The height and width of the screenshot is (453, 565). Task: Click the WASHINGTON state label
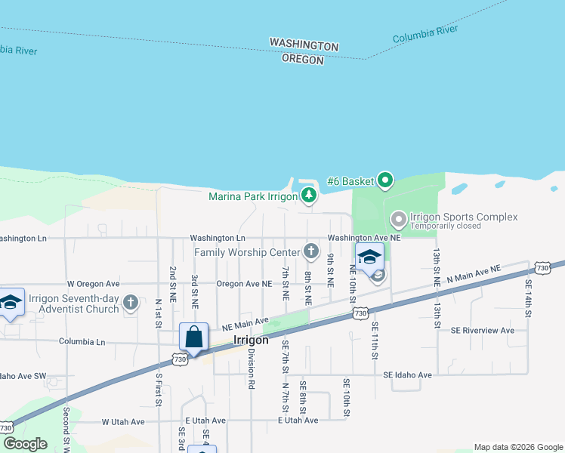pyautogui.click(x=304, y=45)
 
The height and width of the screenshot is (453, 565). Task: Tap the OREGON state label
pyautogui.click(x=303, y=59)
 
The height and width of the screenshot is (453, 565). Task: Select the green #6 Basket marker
pyautogui.click(x=385, y=180)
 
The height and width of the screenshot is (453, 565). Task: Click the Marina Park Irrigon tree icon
pyautogui.click(x=308, y=196)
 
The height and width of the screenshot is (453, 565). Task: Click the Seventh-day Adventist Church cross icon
pyautogui.click(x=131, y=304)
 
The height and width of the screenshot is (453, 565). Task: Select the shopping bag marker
pyautogui.click(x=194, y=337)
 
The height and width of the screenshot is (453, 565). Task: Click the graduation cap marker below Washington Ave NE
pyautogui.click(x=369, y=257)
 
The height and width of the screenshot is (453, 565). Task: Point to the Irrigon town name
pyautogui.click(x=252, y=340)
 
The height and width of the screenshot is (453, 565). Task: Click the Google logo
pyautogui.click(x=25, y=444)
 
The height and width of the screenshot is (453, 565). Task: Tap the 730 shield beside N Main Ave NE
pyautogui.click(x=542, y=268)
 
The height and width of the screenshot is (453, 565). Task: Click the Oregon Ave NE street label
pyautogui.click(x=244, y=284)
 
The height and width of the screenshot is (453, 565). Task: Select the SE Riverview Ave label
pyautogui.click(x=482, y=330)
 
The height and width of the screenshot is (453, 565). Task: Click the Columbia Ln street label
pyautogui.click(x=82, y=341)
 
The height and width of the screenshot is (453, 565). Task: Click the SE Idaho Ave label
pyautogui.click(x=407, y=374)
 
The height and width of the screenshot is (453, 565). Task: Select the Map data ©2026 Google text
pyautogui.click(x=518, y=447)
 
